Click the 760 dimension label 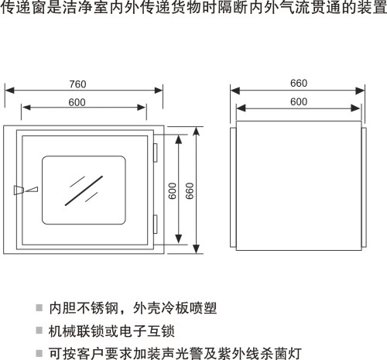77,84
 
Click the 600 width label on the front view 77,102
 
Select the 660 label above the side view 299,84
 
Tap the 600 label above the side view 299,101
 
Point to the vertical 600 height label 172,191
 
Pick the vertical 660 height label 190,191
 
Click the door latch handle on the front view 26,190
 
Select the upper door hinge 156,153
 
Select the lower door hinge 156,224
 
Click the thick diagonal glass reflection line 84,190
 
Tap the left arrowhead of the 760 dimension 9,91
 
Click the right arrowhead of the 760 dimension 159,91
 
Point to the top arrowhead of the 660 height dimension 197,132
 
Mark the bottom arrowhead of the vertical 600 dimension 179,239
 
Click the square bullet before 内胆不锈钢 39,307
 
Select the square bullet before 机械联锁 39,330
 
